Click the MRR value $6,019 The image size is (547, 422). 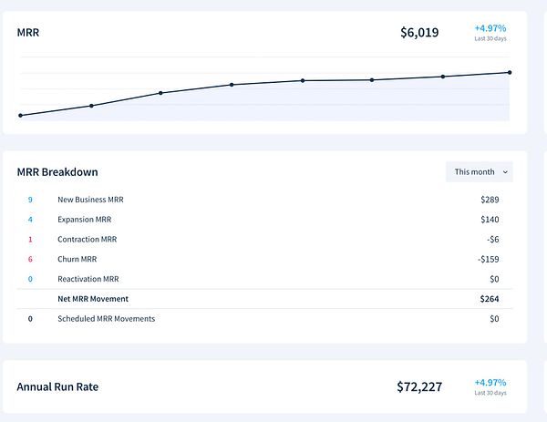pyautogui.click(x=419, y=33)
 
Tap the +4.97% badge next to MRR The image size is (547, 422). pyautogui.click(x=490, y=28)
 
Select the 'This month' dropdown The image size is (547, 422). pyautogui.click(x=479, y=171)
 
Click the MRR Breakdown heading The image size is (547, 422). pyautogui.click(x=57, y=171)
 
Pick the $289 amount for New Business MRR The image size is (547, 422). pyautogui.click(x=490, y=199)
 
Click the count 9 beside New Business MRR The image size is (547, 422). pyautogui.click(x=30, y=199)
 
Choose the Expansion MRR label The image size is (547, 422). pyautogui.click(x=86, y=219)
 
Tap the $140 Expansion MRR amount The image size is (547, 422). pyautogui.click(x=490, y=219)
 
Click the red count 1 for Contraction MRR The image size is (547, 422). pyautogui.click(x=30, y=239)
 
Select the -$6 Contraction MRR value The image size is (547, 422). pyautogui.click(x=492, y=239)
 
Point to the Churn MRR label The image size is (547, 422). pyautogui.click(x=78, y=259)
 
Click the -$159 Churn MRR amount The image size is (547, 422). pyautogui.click(x=488, y=259)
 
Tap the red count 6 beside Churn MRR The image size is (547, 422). pyautogui.click(x=30, y=259)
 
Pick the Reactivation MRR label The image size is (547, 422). pyautogui.click(x=88, y=279)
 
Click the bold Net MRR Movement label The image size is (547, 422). pyautogui.click(x=93, y=299)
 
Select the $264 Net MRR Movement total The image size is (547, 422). pyautogui.click(x=490, y=299)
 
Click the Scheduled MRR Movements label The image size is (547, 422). pyautogui.click(x=106, y=319)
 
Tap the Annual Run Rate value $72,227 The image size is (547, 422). pyautogui.click(x=419, y=386)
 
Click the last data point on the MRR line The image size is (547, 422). pyautogui.click(x=509, y=72)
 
